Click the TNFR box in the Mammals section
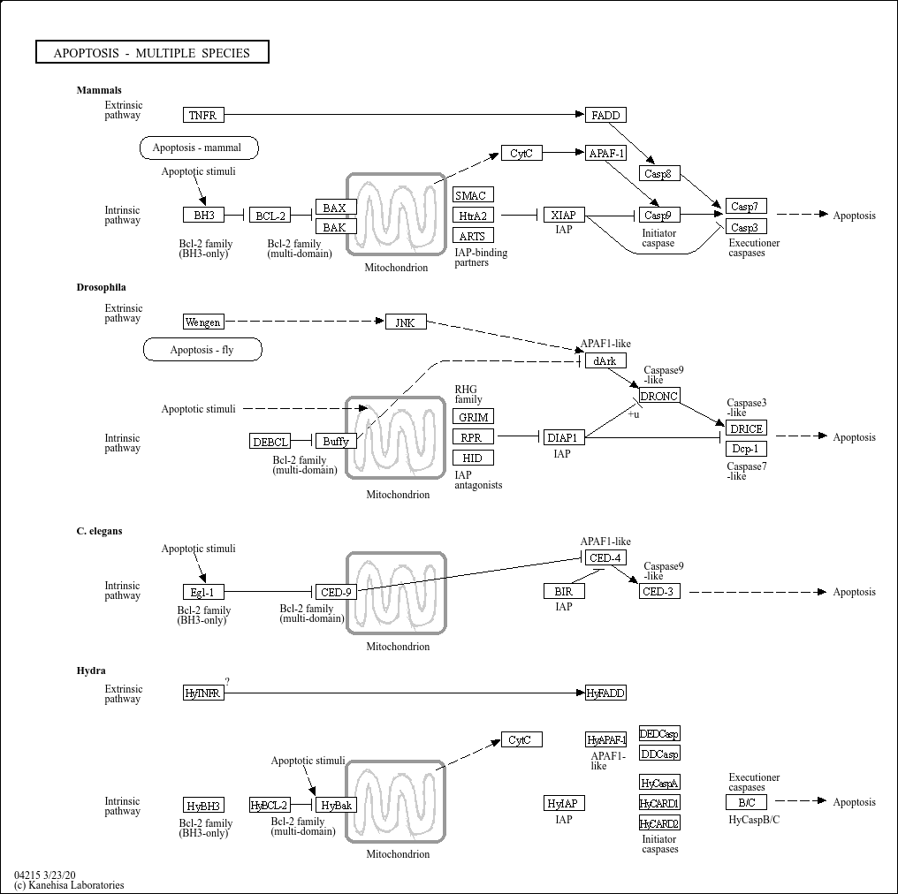[x=203, y=115]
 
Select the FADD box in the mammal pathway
[x=605, y=115]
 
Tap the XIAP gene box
[x=564, y=216]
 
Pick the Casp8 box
[x=659, y=173]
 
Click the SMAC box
[x=473, y=195]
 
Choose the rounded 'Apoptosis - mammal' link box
[x=199, y=148]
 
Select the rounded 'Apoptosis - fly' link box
[x=202, y=350]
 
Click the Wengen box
[x=203, y=322]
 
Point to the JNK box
[x=406, y=322]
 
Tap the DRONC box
[x=659, y=396]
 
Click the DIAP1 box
[x=564, y=438]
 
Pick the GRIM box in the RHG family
[x=473, y=417]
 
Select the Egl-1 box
[x=203, y=592]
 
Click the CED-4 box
[x=605, y=557]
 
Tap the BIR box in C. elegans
[x=564, y=591]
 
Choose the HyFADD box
[x=605, y=693]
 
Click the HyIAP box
[x=564, y=803]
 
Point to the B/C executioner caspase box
[x=746, y=802]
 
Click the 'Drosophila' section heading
[x=102, y=287]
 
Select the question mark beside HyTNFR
[x=227, y=682]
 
